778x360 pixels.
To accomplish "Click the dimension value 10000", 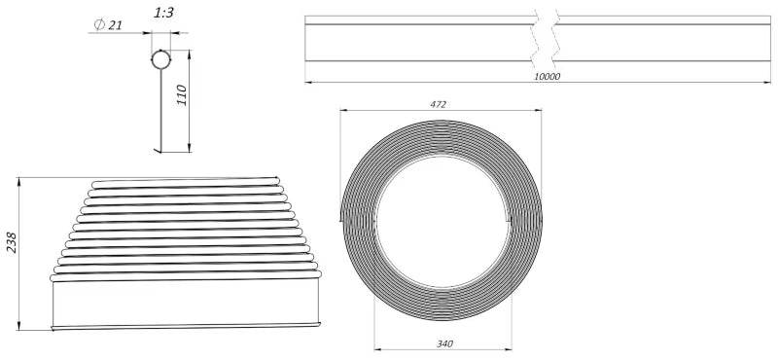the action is [548, 77].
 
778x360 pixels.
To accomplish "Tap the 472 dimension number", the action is [439, 105].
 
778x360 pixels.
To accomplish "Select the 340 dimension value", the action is [444, 343].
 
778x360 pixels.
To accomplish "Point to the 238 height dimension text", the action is [12, 243].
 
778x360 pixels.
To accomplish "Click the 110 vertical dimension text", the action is [182, 95].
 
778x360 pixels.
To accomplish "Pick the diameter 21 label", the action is [108, 25].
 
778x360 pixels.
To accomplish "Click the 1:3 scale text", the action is [163, 13].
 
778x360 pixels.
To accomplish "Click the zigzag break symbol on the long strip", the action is [546, 39].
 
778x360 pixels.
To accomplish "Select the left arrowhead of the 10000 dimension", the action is [308, 83].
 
